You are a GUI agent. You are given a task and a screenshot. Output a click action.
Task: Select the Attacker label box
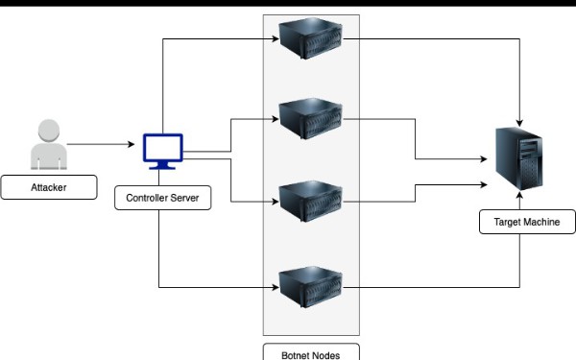[48, 187]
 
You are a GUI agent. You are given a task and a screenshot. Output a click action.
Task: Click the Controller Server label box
[162, 199]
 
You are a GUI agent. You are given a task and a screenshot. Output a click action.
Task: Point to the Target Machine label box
[527, 223]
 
